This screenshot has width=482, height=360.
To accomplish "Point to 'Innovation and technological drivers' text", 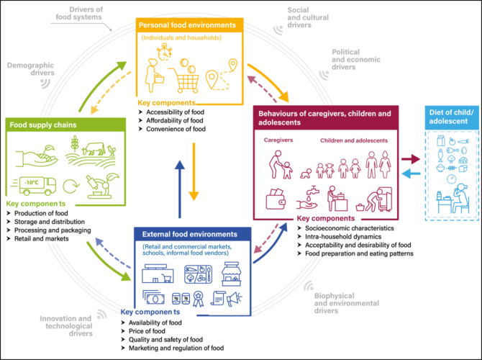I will coord(65,325).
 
